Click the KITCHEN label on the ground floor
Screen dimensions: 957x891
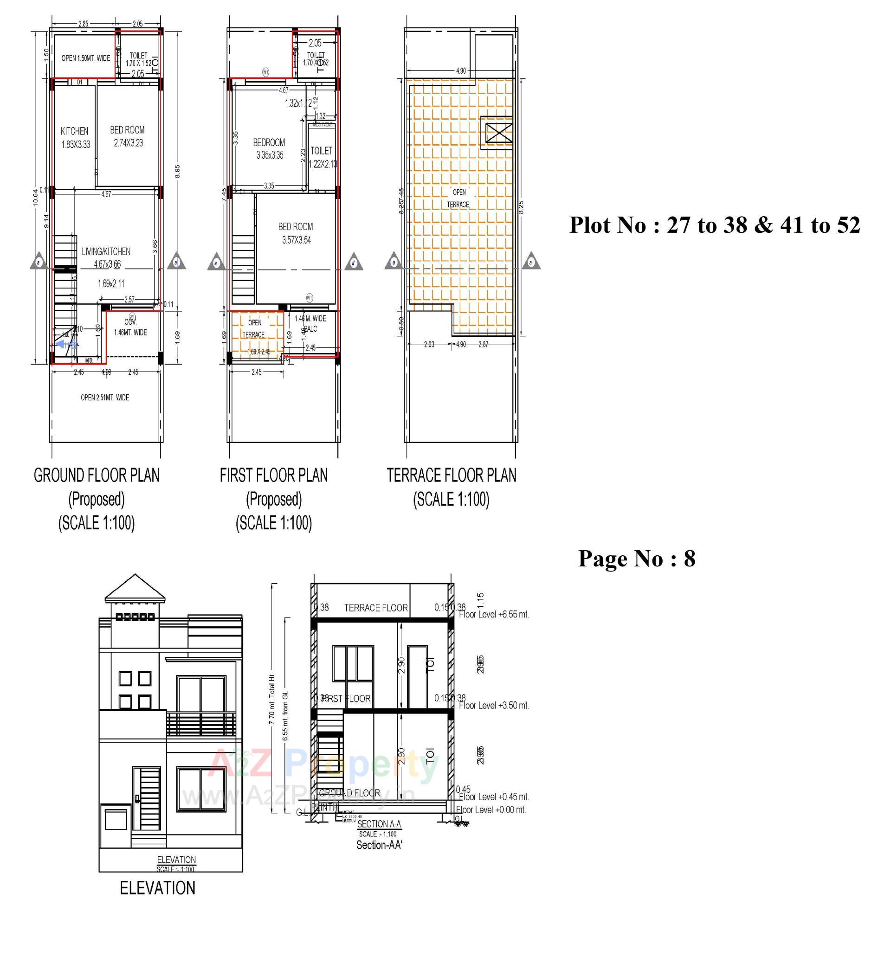pyautogui.click(x=75, y=131)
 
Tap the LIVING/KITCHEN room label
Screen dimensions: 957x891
pyautogui.click(x=106, y=252)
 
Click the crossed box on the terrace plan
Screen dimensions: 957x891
pyautogui.click(x=498, y=132)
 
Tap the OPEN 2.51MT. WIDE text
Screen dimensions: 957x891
pyautogui.click(x=104, y=398)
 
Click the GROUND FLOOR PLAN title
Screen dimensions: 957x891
pyautogui.click(x=97, y=475)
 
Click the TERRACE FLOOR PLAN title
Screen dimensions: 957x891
pyautogui.click(x=451, y=475)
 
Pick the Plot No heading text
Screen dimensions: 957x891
pyautogui.click(x=714, y=225)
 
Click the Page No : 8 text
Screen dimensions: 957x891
pyautogui.click(x=636, y=559)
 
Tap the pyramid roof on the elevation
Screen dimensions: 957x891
pyautogui.click(x=135, y=588)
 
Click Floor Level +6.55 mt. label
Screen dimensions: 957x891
pyautogui.click(x=494, y=615)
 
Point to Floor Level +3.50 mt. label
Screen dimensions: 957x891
pyautogui.click(x=494, y=706)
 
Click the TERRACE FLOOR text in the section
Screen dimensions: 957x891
pyautogui.click(x=376, y=608)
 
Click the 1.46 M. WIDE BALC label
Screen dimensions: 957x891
pyautogui.click(x=310, y=323)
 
